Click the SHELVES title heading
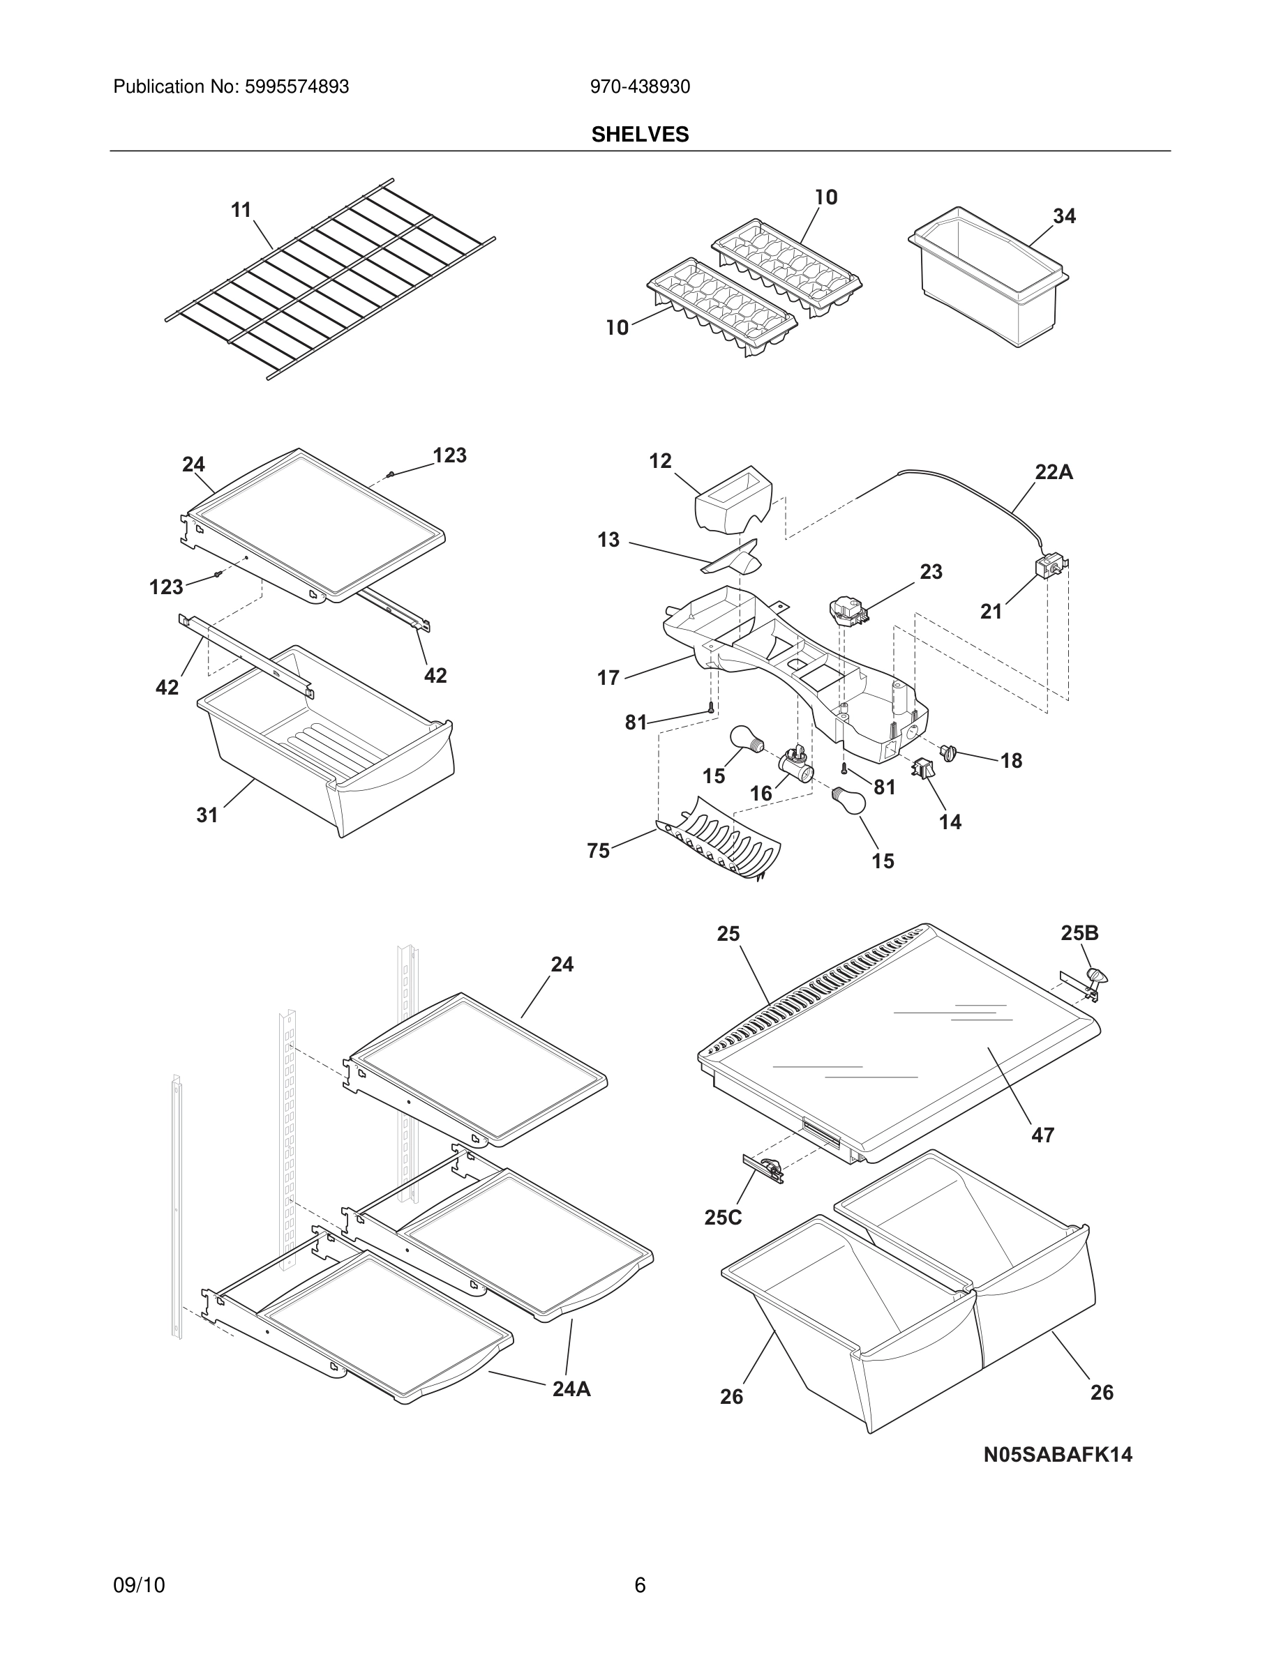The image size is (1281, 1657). click(640, 135)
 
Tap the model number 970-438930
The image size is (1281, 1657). click(640, 87)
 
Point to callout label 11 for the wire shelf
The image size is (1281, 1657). click(241, 210)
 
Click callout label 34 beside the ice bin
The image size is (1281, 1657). click(1064, 216)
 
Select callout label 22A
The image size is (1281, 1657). click(1054, 473)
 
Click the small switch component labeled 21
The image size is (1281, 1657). click(1051, 568)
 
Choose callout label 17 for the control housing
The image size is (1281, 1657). click(608, 678)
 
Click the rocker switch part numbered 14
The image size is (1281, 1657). click(924, 769)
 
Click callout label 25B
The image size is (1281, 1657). click(1079, 933)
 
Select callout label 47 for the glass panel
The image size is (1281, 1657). click(1042, 1135)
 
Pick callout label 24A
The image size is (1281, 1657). click(571, 1389)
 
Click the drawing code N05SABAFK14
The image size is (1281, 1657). click(1057, 1455)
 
